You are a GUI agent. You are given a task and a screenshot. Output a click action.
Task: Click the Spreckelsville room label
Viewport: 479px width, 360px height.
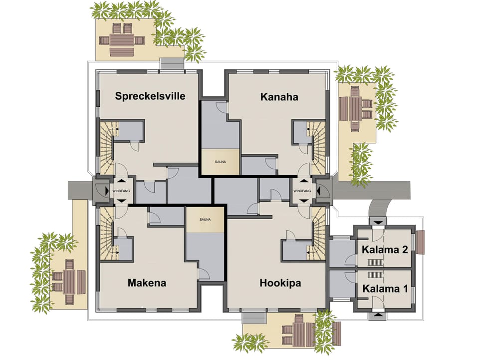point(150,96)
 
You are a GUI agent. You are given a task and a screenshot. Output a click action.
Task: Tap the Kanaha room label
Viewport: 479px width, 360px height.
point(279,97)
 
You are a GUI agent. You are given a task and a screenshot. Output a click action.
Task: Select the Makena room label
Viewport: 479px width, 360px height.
point(147,283)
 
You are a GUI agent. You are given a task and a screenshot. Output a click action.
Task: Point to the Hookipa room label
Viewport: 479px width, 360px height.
point(280,283)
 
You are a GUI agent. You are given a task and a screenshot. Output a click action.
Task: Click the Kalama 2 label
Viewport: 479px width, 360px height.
point(385,250)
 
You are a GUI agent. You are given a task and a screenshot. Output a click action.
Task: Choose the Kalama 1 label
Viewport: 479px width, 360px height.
point(385,289)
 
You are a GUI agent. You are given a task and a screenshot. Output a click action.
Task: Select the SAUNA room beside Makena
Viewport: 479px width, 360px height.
point(205,220)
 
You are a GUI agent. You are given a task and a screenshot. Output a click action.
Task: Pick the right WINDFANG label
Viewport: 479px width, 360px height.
point(302,190)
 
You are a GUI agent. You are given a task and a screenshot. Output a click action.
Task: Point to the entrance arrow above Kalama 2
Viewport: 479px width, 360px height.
point(379,221)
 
